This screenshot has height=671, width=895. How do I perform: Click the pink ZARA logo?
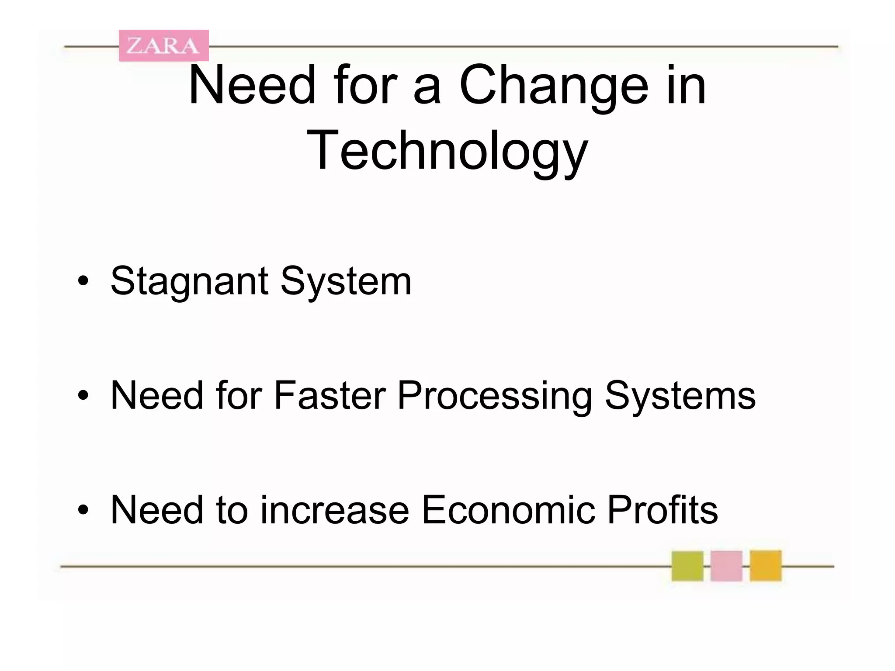tap(164, 45)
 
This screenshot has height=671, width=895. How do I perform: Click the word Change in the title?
tap(554, 86)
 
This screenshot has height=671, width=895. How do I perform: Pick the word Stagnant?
tap(189, 281)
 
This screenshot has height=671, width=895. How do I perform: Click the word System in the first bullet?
tap(346, 281)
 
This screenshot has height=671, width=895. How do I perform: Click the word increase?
tap(334, 510)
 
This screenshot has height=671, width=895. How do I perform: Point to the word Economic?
tap(508, 510)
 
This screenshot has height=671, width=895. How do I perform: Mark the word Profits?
tap(662, 510)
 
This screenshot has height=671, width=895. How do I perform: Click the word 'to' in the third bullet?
tap(232, 510)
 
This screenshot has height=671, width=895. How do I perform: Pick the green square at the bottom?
tap(687, 566)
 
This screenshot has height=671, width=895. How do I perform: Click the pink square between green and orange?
tap(726, 566)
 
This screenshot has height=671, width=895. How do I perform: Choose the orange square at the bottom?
tap(766, 566)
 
